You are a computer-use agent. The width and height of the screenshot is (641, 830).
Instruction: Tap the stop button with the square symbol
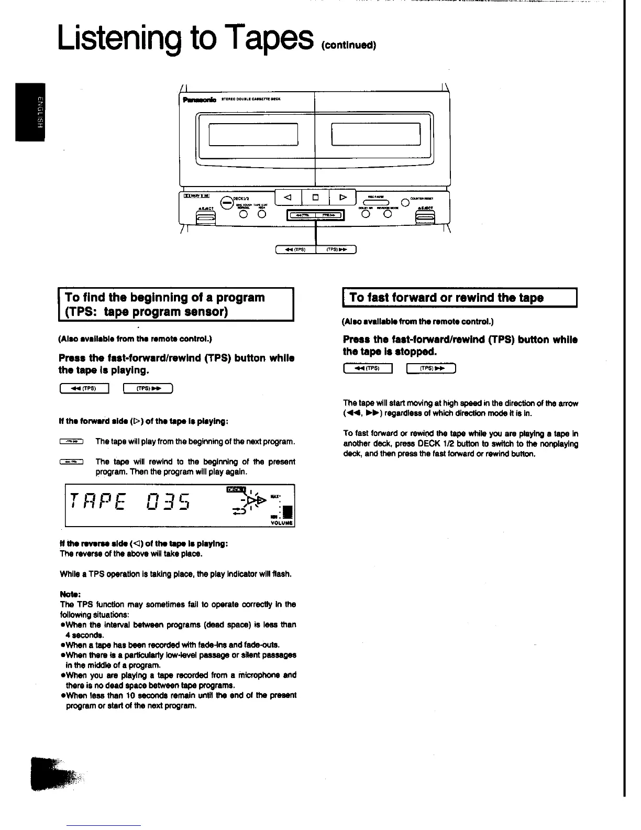[x=315, y=198]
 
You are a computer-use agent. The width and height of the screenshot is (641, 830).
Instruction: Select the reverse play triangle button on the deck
[x=287, y=198]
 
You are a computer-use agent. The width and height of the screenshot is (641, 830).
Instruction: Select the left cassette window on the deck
[x=253, y=134]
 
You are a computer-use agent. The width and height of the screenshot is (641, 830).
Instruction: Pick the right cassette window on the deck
[x=376, y=134]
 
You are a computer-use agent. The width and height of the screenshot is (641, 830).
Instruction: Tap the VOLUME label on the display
[x=282, y=522]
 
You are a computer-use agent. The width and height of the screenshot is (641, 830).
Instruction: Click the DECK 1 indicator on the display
[x=235, y=489]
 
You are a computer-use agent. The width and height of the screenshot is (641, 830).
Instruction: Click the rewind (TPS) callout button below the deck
[x=296, y=249]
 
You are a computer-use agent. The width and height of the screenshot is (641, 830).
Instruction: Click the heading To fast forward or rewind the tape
[x=446, y=298]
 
